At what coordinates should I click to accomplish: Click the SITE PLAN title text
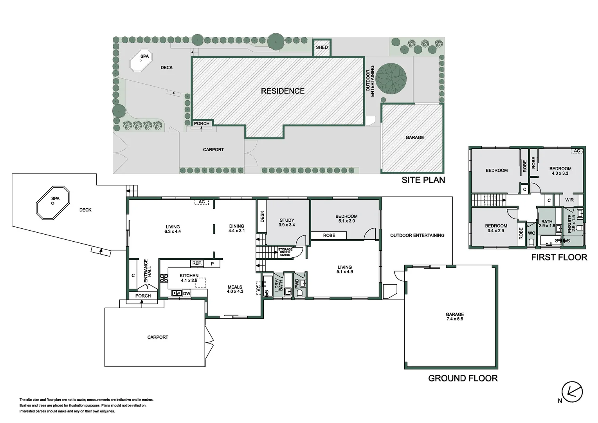423,180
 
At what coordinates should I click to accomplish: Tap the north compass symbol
572,391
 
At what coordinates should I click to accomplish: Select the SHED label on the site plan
322,47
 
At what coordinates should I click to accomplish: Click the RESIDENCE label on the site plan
283,91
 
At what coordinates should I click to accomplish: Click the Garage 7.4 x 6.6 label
454,316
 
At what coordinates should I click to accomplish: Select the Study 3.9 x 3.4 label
286,222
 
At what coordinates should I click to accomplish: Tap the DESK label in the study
262,217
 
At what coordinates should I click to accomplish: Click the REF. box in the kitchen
197,264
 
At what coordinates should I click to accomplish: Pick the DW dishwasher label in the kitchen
187,293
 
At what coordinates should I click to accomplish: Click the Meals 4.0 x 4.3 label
235,289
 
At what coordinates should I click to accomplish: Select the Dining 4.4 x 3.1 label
236,228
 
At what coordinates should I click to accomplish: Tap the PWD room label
297,284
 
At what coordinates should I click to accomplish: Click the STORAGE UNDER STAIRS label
285,252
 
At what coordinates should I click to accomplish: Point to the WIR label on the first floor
569,200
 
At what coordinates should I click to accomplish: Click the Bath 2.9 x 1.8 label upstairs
547,224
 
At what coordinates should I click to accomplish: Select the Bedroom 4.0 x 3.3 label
560,171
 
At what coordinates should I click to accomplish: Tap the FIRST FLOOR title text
559,257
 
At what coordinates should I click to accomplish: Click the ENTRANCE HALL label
147,271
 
